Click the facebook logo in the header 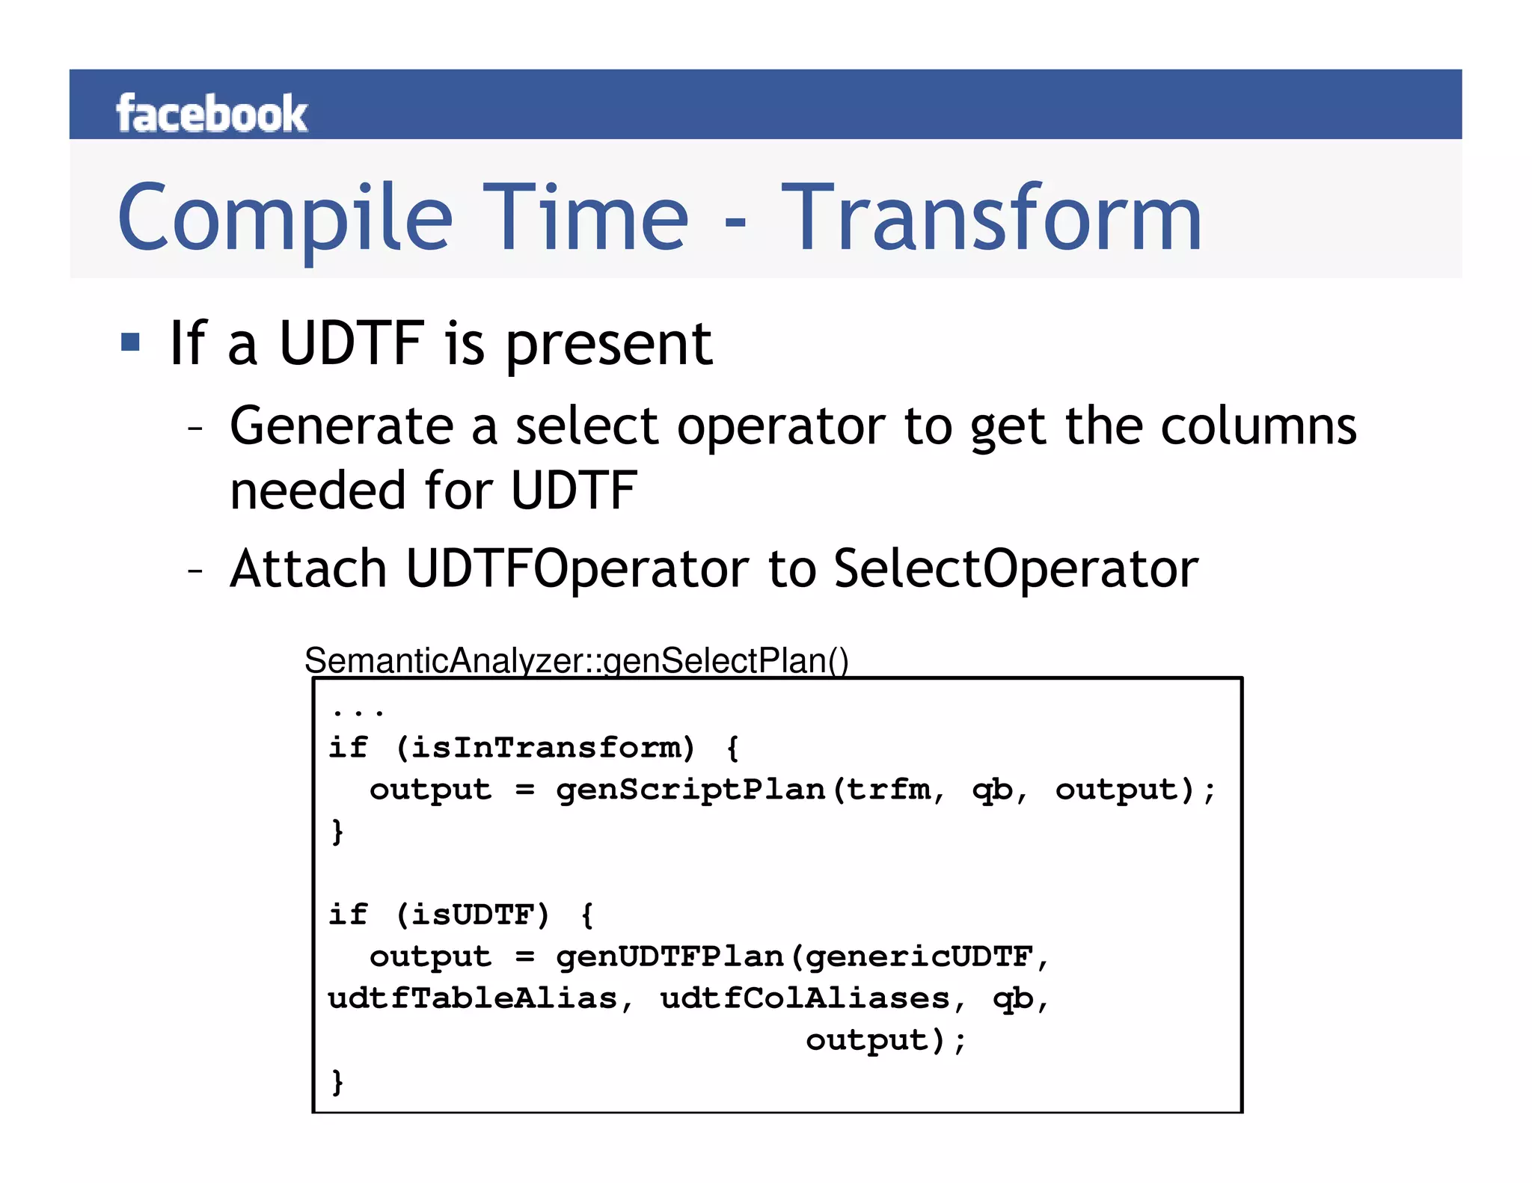212,114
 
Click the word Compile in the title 285,218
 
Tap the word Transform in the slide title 991,218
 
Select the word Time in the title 585,218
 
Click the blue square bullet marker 130,342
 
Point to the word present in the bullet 609,345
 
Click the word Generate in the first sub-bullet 341,426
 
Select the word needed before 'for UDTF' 318,491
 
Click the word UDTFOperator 577,569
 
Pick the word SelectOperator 1016,569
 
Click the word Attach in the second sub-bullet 308,569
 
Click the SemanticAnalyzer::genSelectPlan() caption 576,661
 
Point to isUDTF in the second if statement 473,915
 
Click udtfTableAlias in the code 472,998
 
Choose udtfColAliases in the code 805,998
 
